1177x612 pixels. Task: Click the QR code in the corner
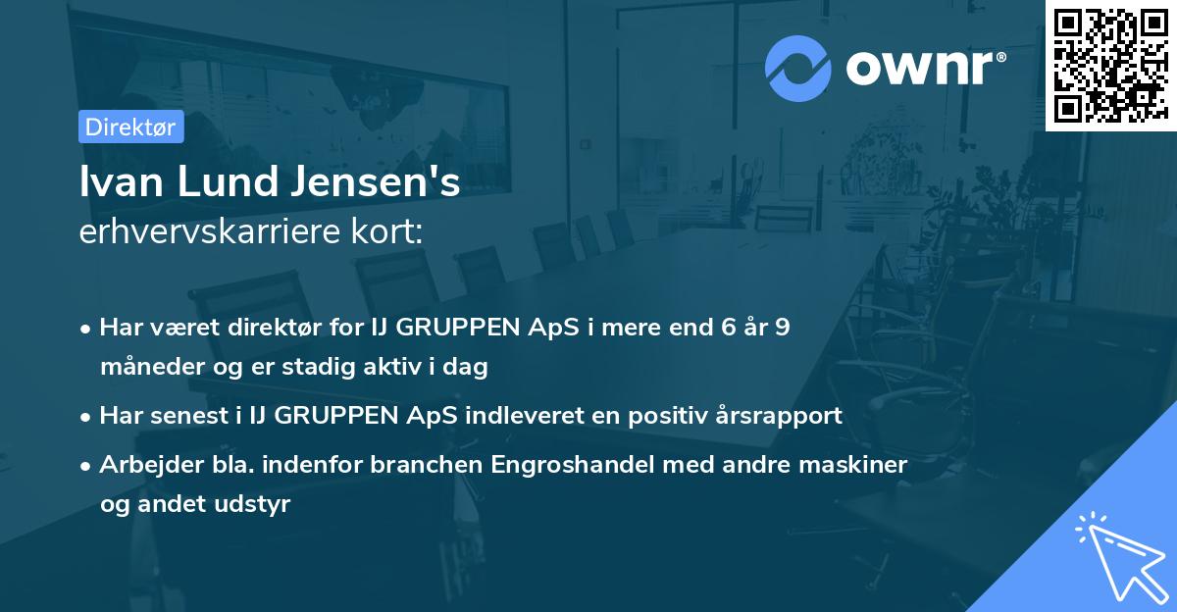pos(1111,65)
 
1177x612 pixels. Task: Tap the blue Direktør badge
pos(130,127)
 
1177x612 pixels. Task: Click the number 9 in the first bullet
pos(781,328)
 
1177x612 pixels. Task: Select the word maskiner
pos(858,464)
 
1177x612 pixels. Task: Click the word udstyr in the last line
pos(259,504)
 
